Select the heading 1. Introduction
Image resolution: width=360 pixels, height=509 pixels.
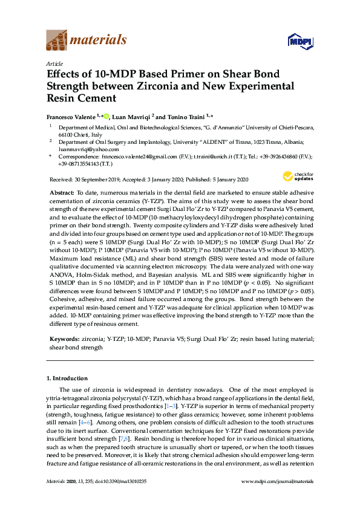click(68, 378)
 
